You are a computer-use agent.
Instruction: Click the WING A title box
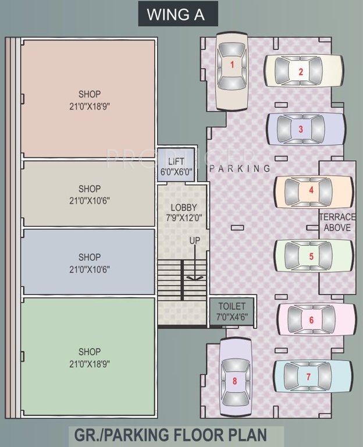tap(178, 15)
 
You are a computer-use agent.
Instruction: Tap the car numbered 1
tap(232, 70)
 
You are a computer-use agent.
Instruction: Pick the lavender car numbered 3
tap(306, 129)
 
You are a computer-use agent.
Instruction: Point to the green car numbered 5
tap(313, 256)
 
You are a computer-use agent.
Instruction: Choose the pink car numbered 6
tap(316, 320)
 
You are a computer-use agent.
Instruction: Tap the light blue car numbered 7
tap(313, 376)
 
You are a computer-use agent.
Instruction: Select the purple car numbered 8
tap(234, 380)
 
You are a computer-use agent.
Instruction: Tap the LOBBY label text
tap(183, 208)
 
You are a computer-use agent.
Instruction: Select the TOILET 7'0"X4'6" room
tap(232, 311)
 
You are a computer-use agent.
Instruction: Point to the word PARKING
tap(240, 169)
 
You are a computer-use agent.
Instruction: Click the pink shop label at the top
tap(90, 94)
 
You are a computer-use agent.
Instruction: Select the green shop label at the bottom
tap(90, 352)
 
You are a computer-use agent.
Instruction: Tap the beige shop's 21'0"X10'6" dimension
tap(90, 201)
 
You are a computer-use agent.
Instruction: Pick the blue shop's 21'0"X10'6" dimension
tap(90, 269)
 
